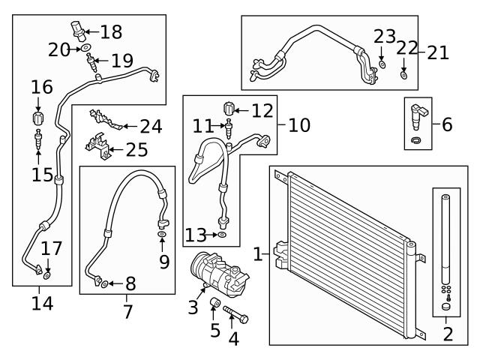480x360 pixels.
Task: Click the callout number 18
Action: click(110, 31)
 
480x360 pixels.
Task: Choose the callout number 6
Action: click(447, 124)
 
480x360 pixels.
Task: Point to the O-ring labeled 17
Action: click(46, 276)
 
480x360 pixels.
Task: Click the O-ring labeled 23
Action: click(382, 66)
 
